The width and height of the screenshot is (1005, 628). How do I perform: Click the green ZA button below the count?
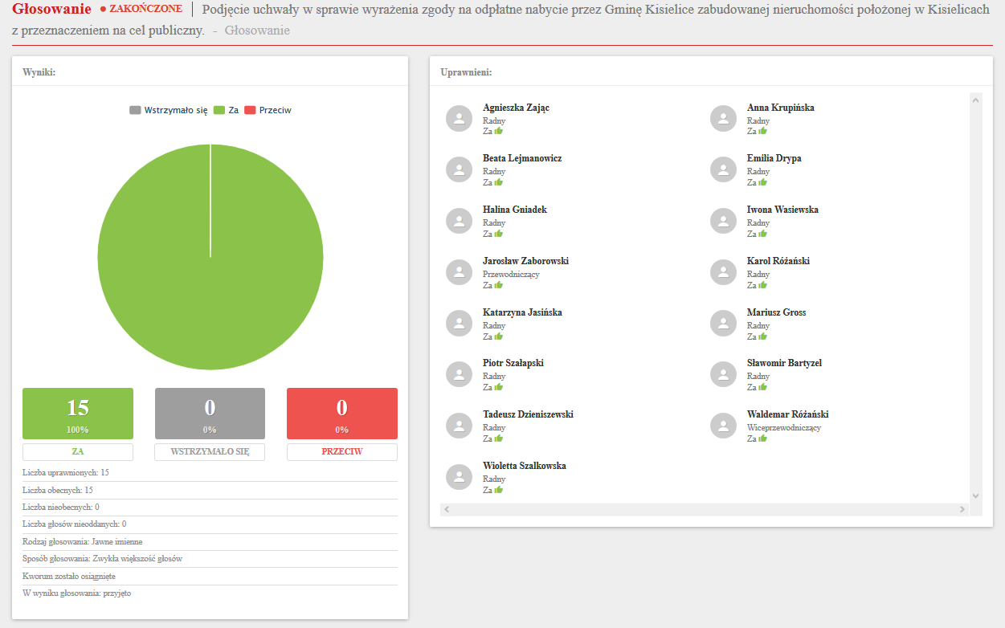pos(77,451)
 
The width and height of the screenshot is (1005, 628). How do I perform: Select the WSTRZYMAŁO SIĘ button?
pos(210,451)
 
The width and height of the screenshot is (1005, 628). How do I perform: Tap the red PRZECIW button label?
pos(341,451)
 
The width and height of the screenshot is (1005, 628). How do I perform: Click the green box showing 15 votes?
pos(77,413)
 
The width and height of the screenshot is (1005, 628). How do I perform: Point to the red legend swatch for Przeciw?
pos(249,110)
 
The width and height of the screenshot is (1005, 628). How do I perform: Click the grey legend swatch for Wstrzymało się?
pos(135,110)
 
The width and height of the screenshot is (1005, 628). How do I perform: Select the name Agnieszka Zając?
pos(516,108)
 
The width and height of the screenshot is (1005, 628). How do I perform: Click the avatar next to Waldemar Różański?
pos(723,426)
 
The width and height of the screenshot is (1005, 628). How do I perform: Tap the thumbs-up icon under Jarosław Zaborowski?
pos(498,285)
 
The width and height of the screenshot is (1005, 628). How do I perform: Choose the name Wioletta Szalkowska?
pos(525,466)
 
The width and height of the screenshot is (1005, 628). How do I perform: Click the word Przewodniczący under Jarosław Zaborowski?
pos(511,275)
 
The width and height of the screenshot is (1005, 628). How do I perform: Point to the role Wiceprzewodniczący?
pos(784,428)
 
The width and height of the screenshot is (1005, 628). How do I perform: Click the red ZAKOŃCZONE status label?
pos(145,10)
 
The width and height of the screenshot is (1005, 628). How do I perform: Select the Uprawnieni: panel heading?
pos(466,72)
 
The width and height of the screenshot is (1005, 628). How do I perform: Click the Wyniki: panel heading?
pos(39,72)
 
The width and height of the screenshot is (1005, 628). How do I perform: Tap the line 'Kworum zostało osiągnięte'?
pos(69,577)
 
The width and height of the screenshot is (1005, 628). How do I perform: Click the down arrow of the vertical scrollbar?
pos(976,496)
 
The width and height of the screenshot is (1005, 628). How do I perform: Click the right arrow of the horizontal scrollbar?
pos(962,509)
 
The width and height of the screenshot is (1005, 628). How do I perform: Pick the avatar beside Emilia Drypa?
pos(723,169)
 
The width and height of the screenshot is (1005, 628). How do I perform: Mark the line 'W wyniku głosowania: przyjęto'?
pos(76,593)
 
